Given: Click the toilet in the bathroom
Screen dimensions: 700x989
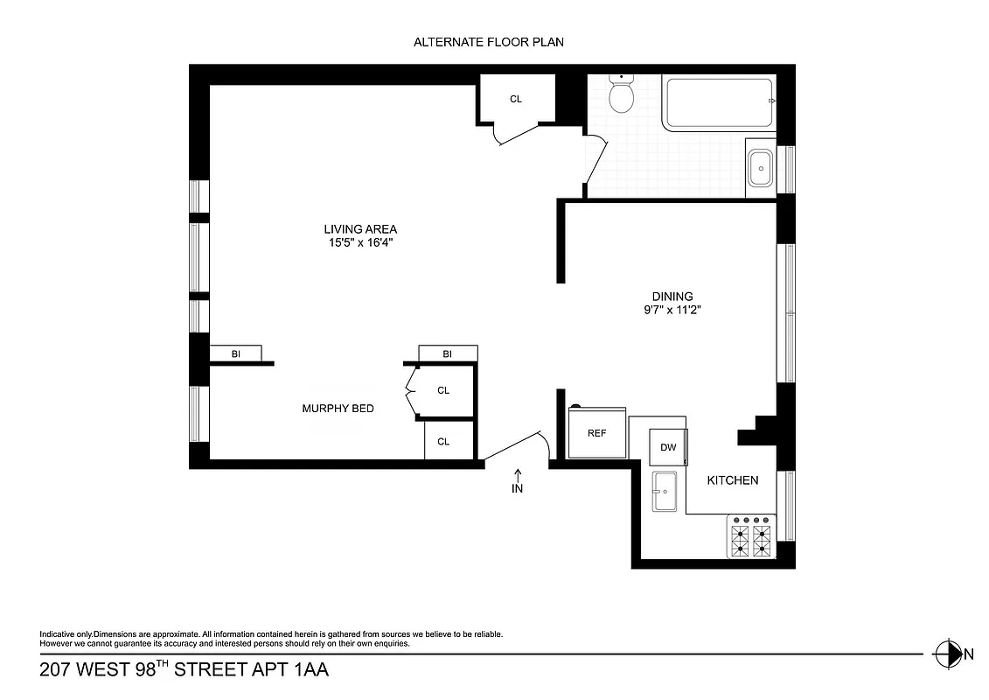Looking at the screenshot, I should (622, 95).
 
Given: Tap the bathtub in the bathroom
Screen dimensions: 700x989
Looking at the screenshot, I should (717, 104).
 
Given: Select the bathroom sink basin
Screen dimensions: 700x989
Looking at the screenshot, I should (760, 166).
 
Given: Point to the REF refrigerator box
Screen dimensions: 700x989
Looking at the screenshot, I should (596, 433).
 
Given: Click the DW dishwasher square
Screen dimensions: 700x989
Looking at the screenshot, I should (668, 447).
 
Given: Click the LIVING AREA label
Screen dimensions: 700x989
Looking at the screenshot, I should (360, 229).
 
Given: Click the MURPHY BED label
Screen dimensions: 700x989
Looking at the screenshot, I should (338, 408).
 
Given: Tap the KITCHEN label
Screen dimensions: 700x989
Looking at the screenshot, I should (733, 480).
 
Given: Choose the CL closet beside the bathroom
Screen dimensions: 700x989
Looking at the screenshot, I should (516, 99).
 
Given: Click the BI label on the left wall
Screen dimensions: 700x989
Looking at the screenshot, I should (235, 354).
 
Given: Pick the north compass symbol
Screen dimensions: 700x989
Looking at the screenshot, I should (944, 653).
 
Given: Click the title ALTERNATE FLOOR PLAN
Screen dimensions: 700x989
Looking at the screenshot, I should (494, 42).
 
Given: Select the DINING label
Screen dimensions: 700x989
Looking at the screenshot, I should (672, 297).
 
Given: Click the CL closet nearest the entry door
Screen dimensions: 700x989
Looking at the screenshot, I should (443, 442).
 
